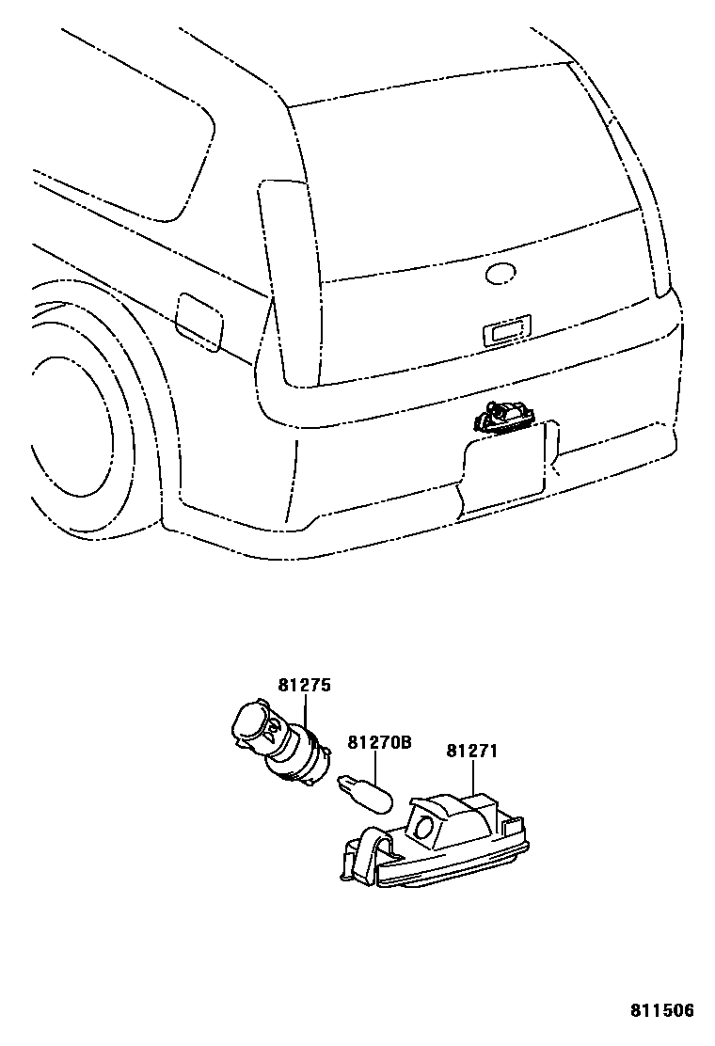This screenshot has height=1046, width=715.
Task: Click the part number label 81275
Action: [304, 686]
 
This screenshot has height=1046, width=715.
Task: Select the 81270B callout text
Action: [380, 743]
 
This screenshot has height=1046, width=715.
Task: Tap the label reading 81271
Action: [471, 752]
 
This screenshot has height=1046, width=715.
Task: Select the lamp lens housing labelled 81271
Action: [442, 842]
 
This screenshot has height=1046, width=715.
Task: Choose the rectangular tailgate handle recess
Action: [505, 329]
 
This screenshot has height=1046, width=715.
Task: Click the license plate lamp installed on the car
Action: [507, 416]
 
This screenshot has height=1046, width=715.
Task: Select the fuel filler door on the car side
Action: [199, 320]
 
